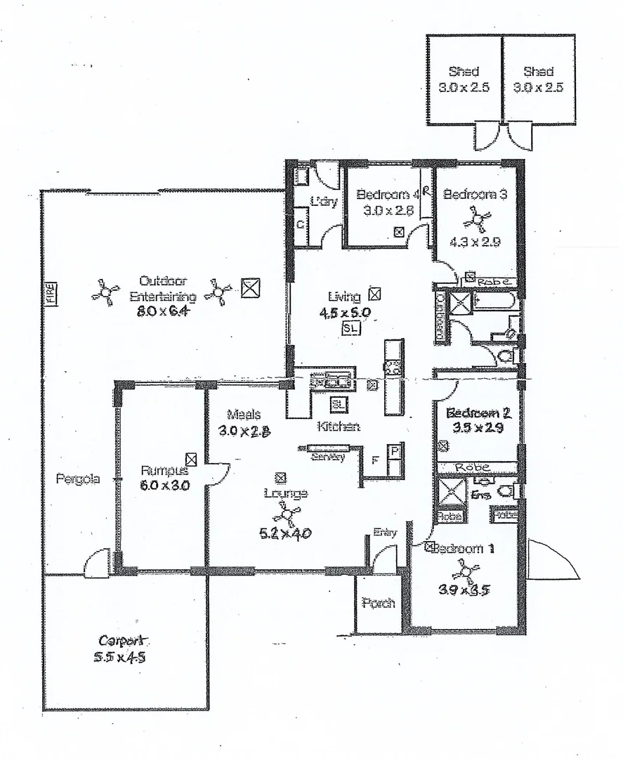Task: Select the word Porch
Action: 378,603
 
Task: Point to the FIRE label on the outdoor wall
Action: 50,294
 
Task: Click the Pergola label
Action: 77,479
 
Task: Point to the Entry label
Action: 386,533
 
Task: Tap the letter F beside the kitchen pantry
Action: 375,461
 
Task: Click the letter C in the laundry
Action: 300,226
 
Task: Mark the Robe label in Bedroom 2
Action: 472,467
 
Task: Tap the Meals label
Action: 244,415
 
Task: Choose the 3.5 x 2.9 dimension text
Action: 478,428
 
